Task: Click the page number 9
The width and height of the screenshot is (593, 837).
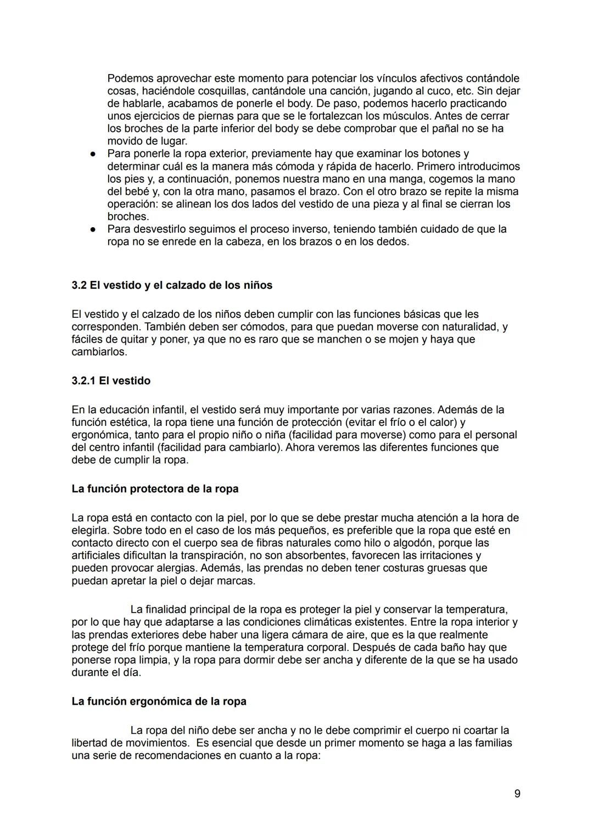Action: pos(517,793)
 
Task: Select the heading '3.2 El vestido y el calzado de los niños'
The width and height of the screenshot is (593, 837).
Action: pos(172,285)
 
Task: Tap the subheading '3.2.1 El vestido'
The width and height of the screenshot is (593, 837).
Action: pos(111,381)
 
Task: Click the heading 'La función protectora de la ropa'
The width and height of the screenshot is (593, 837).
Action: pos(155,488)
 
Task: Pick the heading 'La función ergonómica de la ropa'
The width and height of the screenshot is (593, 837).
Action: pos(159,701)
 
